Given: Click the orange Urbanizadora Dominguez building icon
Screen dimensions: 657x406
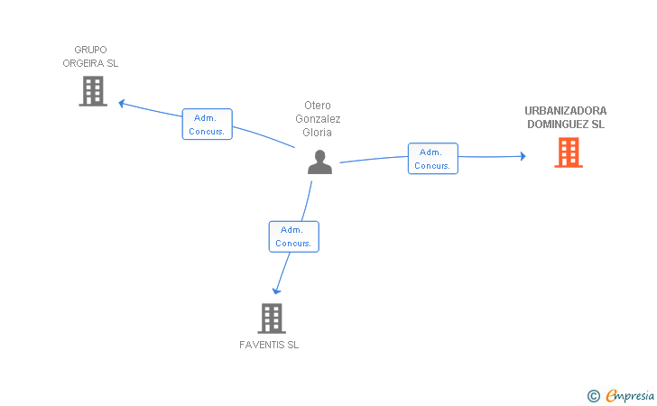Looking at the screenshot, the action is tap(569, 152).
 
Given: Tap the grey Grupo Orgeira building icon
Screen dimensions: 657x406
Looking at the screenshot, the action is tap(93, 91).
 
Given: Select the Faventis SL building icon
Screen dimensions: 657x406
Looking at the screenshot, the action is tap(272, 318).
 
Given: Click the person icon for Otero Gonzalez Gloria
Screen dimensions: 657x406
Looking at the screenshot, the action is tap(319, 161).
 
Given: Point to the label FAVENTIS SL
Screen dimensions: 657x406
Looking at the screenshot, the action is tap(269, 345).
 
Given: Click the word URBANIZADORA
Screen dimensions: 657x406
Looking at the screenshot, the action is tap(566, 111).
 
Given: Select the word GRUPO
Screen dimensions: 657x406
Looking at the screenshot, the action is tap(90, 50).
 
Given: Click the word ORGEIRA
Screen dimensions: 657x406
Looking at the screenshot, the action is tap(83, 63).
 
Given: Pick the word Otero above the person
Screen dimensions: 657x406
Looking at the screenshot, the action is tap(318, 106).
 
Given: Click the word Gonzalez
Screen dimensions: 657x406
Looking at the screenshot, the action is tap(318, 119).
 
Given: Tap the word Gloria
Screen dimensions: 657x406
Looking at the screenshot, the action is tap(317, 133).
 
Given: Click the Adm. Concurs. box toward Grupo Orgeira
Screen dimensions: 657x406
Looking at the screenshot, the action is tap(207, 124).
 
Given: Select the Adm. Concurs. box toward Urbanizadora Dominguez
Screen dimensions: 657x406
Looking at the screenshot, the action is tap(433, 159).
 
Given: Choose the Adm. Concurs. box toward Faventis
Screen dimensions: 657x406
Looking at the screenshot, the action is tap(293, 236).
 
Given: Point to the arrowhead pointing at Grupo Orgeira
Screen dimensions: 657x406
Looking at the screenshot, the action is tap(122, 103).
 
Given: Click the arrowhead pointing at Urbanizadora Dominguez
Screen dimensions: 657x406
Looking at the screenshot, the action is tap(523, 156).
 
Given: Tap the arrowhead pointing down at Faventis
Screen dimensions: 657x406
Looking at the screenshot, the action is tap(276, 291).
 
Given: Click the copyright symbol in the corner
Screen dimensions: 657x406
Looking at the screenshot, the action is tap(593, 396).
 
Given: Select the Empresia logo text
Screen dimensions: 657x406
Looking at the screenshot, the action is tap(630, 395).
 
